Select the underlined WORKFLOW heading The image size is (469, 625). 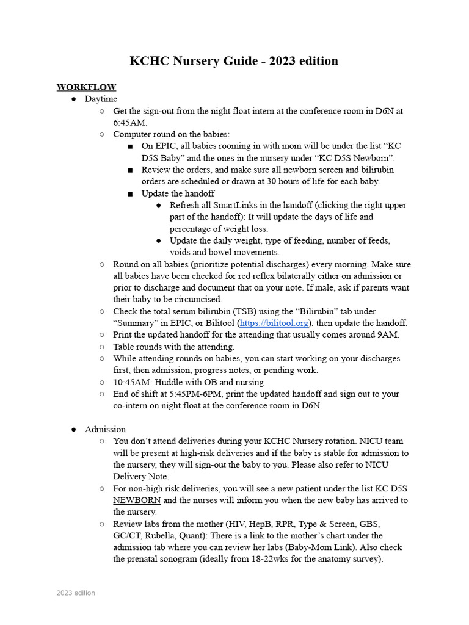click(x=86, y=87)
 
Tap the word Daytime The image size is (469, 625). click(x=101, y=99)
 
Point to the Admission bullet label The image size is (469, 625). click(x=105, y=429)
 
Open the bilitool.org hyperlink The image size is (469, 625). click(x=274, y=323)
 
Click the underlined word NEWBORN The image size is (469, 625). click(x=137, y=500)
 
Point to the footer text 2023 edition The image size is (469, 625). click(x=76, y=593)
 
